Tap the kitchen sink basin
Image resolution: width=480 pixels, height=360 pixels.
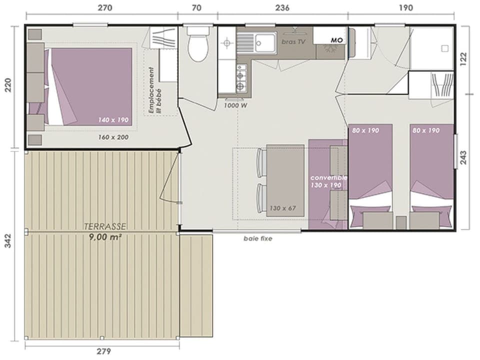tap(265, 42)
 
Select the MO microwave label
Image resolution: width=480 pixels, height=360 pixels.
tap(336, 40)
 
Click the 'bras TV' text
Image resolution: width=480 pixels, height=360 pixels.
tap(293, 41)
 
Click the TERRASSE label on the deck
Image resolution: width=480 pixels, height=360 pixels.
tap(104, 226)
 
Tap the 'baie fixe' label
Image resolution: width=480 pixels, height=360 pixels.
tap(257, 238)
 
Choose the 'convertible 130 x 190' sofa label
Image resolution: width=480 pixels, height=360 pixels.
tap(328, 181)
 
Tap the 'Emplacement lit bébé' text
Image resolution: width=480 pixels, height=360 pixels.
tap(153, 90)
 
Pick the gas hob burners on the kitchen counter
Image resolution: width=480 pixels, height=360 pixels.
tap(240, 82)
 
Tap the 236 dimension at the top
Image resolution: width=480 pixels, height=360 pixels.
tap(282, 7)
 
